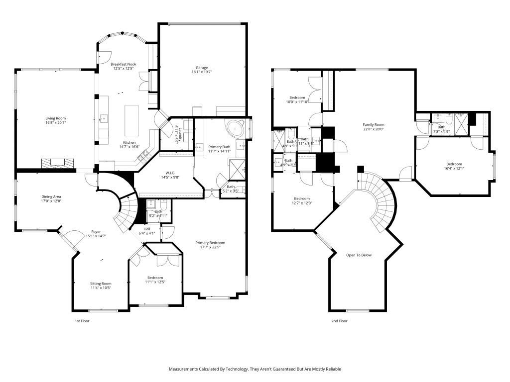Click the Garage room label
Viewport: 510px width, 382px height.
pyautogui.click(x=202, y=68)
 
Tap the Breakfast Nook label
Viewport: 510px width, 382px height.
pyautogui.click(x=123, y=64)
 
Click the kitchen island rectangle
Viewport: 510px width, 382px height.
pyautogui.click(x=131, y=120)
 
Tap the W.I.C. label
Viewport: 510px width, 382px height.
pyautogui.click(x=167, y=173)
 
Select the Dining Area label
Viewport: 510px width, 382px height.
pyautogui.click(x=51, y=197)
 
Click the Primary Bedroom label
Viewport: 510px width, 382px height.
pyautogui.click(x=210, y=243)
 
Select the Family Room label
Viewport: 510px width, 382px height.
pyautogui.click(x=373, y=125)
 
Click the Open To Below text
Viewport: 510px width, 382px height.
pyautogui.click(x=359, y=255)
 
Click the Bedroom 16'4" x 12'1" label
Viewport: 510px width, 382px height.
pyautogui.click(x=454, y=164)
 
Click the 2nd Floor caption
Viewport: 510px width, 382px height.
pyautogui.click(x=339, y=321)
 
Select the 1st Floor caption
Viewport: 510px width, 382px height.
pyautogui.click(x=82, y=321)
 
